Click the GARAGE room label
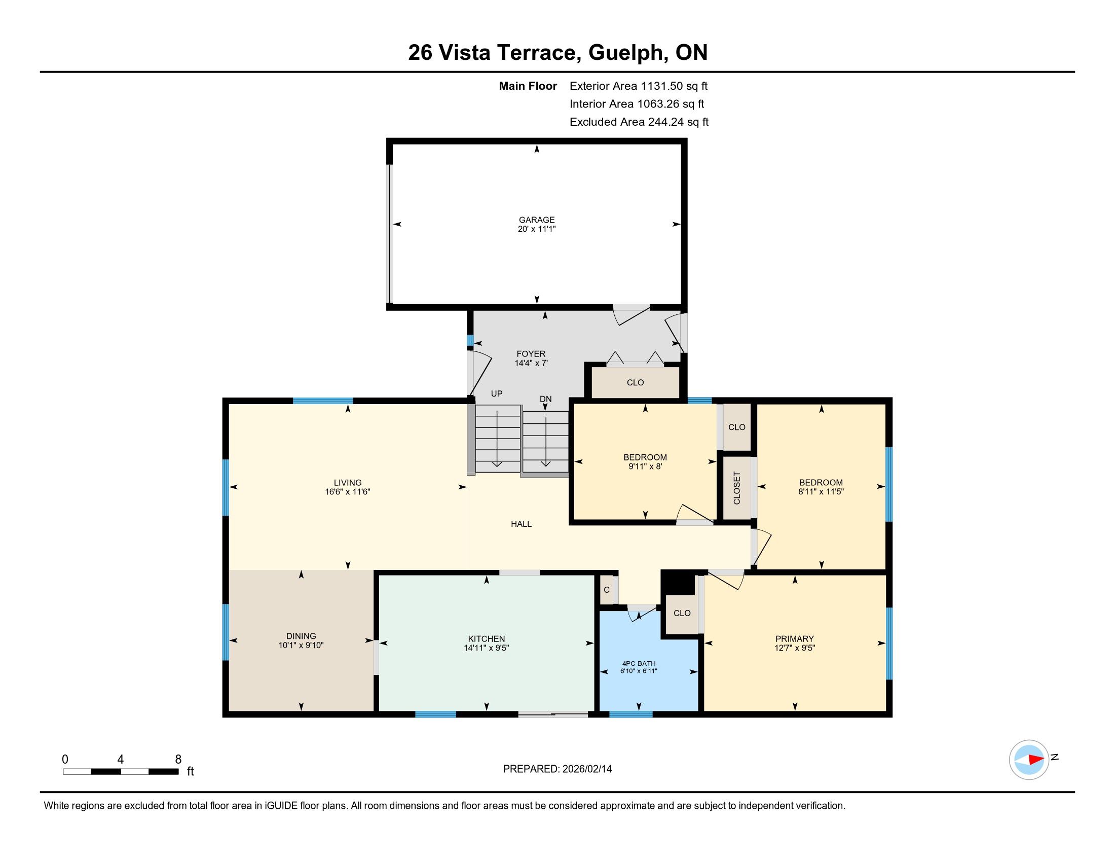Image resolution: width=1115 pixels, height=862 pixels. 537,220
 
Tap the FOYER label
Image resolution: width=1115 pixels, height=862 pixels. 531,354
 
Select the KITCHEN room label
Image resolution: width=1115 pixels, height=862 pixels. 487,639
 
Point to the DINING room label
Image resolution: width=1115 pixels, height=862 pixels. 301,636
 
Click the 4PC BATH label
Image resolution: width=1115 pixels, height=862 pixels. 639,663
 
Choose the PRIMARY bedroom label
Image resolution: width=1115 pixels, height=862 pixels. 794,639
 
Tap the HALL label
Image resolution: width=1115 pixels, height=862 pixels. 521,524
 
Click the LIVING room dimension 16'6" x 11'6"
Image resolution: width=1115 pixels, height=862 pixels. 348,492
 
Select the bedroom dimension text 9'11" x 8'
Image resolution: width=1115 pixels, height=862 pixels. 645,466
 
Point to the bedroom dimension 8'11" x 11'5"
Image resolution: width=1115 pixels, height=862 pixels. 821,492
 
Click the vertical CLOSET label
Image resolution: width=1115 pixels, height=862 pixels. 737,488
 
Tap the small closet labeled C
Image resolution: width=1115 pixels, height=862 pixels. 607,590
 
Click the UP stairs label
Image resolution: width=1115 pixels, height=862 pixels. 497,393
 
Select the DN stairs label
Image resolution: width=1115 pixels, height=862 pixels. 546,399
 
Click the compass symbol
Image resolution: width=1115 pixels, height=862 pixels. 1029,760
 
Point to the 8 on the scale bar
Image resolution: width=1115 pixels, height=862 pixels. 178,760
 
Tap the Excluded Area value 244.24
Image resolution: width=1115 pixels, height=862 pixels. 666,122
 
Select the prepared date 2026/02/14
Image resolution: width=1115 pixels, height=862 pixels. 586,769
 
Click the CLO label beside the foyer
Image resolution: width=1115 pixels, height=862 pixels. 635,382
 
